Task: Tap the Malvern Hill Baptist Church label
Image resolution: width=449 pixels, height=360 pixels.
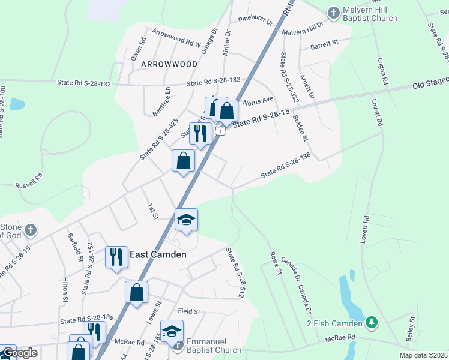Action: tap(370, 14)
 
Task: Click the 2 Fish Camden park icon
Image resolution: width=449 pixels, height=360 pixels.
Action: tap(372, 323)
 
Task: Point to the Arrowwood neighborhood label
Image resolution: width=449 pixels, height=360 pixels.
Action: tap(169, 64)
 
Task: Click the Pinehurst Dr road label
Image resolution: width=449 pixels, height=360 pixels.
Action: tap(255, 22)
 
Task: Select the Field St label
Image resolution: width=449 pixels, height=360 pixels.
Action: tap(188, 311)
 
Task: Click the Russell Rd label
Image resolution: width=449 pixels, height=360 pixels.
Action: tap(29, 178)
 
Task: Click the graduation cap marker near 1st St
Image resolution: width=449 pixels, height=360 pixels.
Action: tap(186, 220)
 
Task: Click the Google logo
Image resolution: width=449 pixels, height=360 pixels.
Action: tap(20, 353)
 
